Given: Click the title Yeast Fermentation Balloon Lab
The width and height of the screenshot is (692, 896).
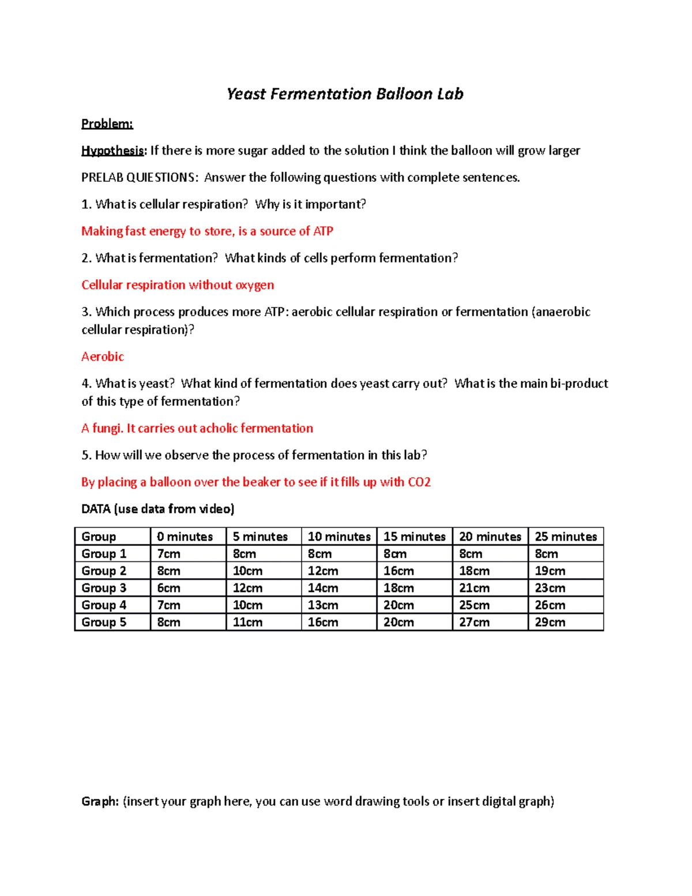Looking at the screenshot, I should [x=345, y=94].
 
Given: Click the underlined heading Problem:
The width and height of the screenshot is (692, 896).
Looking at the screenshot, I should [x=107, y=124].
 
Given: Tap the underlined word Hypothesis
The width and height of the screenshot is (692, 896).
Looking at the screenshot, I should [x=112, y=151].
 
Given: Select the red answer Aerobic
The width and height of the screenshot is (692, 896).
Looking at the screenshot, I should [x=103, y=357].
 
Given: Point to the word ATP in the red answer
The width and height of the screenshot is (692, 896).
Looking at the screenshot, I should [x=323, y=231].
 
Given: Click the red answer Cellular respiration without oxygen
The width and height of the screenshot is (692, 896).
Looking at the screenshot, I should [x=178, y=285].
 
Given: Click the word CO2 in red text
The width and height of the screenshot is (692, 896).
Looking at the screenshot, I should [x=419, y=482].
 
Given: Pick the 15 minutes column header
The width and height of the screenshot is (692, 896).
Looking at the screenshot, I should [x=415, y=537].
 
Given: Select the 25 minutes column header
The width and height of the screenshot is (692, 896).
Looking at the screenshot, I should [x=566, y=537].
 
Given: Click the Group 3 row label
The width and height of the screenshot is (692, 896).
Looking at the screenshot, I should [x=104, y=588].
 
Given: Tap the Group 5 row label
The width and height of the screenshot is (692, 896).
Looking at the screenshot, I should [x=104, y=622].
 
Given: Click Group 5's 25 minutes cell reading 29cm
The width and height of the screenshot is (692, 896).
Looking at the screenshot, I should [x=550, y=622].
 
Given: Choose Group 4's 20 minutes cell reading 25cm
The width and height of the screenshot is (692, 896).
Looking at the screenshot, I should [x=474, y=605].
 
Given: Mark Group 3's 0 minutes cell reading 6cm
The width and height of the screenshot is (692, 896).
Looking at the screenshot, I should [x=168, y=588].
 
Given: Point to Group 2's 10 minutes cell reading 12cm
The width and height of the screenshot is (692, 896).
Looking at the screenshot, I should [x=323, y=571].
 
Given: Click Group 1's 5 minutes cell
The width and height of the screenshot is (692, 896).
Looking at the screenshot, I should [x=245, y=554].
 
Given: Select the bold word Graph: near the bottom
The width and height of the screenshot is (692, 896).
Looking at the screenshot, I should [x=100, y=801].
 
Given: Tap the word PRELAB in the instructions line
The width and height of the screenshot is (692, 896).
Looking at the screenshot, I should [x=102, y=178].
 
